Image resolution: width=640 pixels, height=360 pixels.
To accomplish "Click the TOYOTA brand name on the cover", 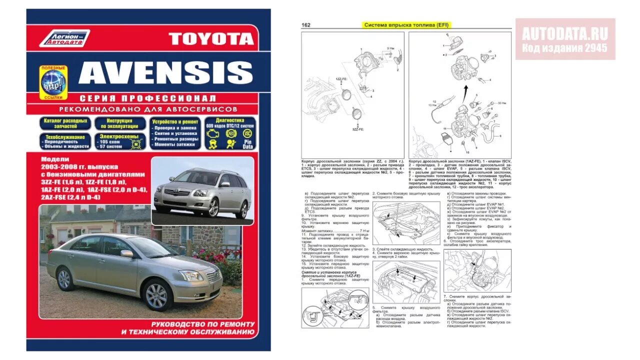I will pos(211,38).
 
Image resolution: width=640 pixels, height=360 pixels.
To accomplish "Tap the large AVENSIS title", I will pos(165,73).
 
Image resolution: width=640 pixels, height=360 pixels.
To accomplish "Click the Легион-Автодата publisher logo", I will pos(64,38).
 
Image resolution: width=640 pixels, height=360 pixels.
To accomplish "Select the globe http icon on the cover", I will pos(53,81).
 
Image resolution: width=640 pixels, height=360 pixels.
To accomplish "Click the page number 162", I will pos(306,25).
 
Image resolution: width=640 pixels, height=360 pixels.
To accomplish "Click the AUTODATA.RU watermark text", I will pos(565,34).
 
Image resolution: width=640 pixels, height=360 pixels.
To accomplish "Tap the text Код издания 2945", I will pos(565,48).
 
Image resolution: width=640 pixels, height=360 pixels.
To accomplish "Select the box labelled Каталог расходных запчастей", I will pos(65,123).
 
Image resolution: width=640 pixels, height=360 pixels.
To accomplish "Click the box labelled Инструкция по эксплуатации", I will pos(120,123).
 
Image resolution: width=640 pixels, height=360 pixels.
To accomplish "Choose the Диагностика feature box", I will pos(229,133).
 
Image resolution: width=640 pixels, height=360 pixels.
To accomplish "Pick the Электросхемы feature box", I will pos(120,141).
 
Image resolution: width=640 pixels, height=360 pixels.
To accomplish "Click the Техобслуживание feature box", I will pos(65,141).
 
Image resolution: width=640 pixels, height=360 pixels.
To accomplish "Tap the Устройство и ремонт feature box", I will pos(175,133).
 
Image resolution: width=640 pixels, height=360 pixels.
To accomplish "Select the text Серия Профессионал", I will pos(148,98).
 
